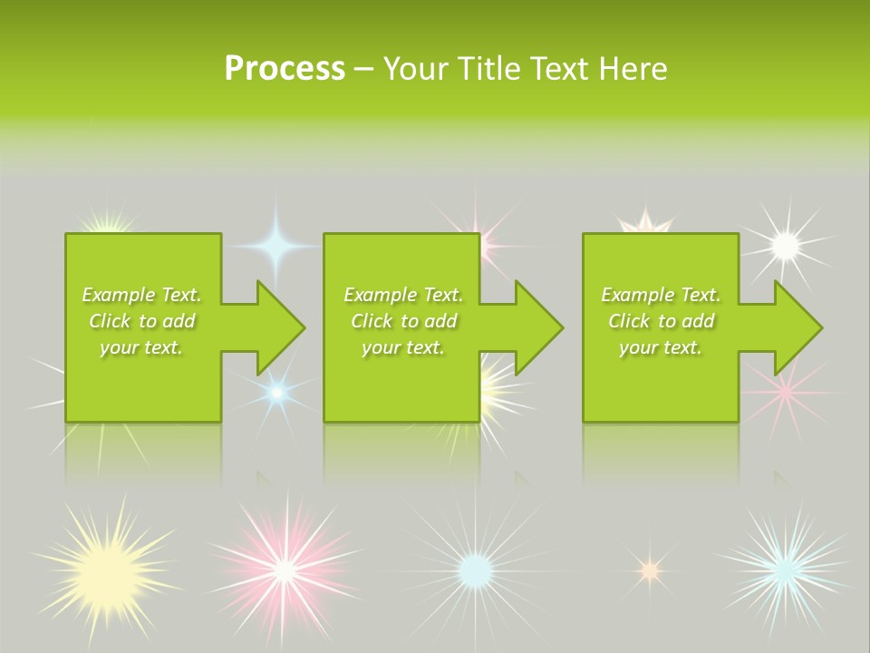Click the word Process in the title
pyautogui.click(x=285, y=69)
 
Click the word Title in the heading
pyautogui.click(x=488, y=69)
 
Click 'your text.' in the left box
pyautogui.click(x=141, y=347)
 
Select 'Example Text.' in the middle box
pyautogui.click(x=402, y=295)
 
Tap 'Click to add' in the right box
pyautogui.click(x=661, y=321)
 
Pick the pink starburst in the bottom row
pyautogui.click(x=284, y=570)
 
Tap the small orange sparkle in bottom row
pyautogui.click(x=648, y=570)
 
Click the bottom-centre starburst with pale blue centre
pyautogui.click(x=474, y=570)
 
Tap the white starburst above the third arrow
pyautogui.click(x=785, y=244)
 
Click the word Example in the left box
pyautogui.click(x=119, y=295)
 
